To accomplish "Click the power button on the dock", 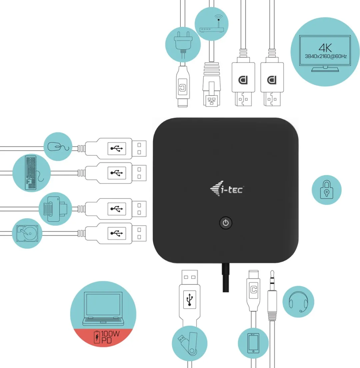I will [x=226, y=223].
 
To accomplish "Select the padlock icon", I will [x=326, y=190].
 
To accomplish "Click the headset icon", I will [x=298, y=302].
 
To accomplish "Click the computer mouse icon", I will [x=58, y=146].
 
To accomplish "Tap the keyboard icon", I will [x=31, y=173].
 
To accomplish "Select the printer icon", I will [x=55, y=209].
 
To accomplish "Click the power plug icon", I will [x=183, y=44].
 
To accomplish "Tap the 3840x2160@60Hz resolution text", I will [x=326, y=56].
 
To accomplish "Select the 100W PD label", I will [x=106, y=337].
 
